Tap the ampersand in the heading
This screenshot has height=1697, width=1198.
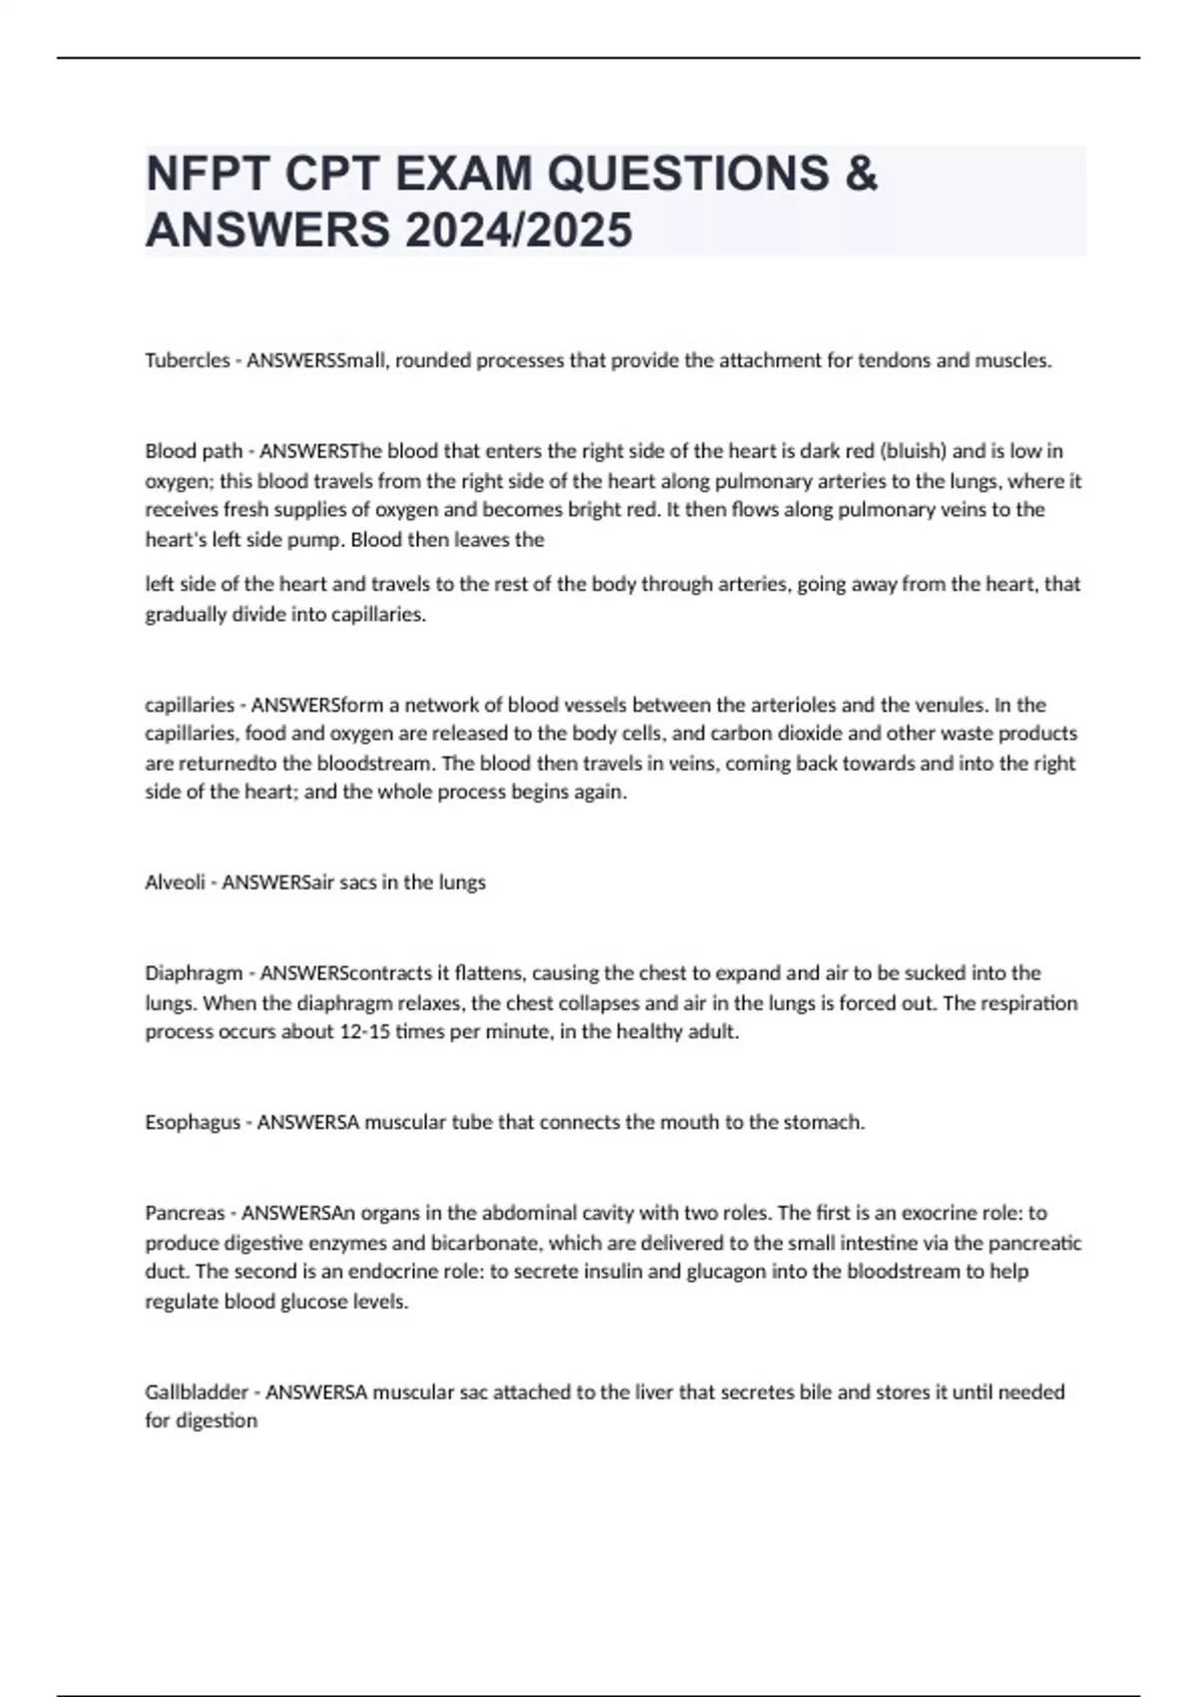pos(861,174)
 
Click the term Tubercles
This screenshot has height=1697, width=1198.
pos(187,360)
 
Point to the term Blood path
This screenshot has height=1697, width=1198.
pos(194,451)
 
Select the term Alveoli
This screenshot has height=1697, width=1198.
pos(175,882)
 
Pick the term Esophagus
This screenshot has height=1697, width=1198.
pos(193,1123)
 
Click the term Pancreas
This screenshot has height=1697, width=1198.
pos(185,1214)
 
